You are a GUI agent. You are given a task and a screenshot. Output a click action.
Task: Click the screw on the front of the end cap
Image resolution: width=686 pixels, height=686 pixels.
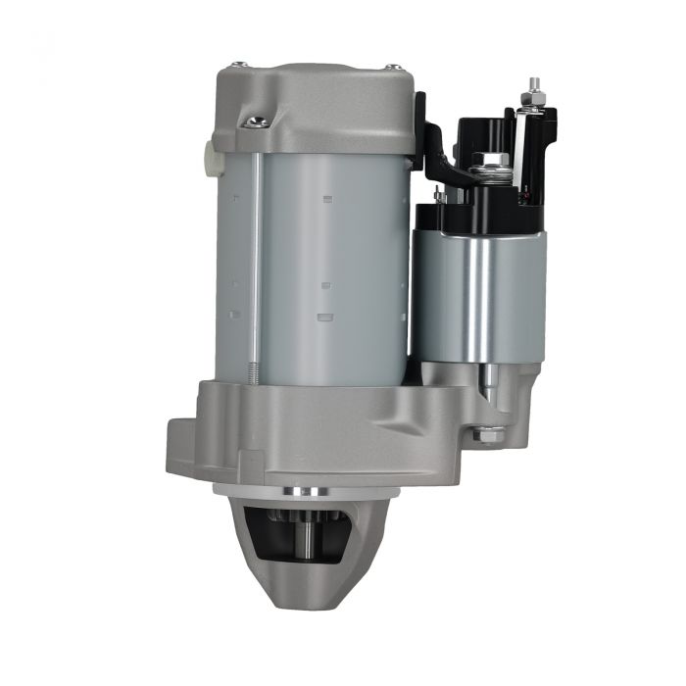(259, 122)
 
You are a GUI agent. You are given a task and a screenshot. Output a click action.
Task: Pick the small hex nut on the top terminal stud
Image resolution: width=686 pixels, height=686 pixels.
(532, 100)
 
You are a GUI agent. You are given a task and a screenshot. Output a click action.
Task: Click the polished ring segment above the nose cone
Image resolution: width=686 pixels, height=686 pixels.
(304, 490)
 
